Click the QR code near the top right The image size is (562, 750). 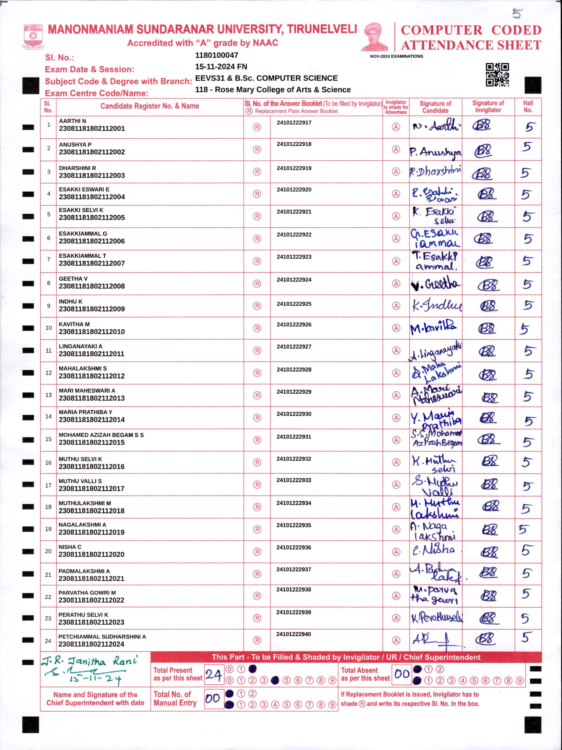497,75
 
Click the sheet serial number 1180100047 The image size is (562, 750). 217,55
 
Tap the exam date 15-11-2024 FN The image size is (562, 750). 221,67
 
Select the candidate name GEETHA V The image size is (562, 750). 73,278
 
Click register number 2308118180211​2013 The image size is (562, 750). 92,398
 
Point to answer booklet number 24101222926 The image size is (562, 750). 294,324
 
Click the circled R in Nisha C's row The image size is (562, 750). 257,552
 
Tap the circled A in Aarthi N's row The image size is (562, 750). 396,127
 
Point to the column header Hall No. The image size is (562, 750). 528,106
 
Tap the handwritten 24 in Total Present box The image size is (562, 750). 214,675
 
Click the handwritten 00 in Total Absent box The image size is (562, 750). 402,673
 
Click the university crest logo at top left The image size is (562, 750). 33,36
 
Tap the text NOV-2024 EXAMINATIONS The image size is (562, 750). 396,56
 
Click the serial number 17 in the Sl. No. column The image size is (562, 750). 49,485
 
